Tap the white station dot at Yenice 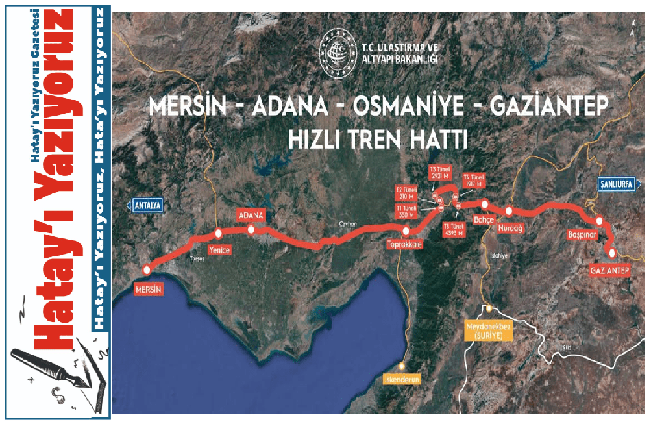[219, 234]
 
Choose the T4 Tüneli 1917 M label [473, 180]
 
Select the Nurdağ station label [510, 228]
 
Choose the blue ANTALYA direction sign [146, 205]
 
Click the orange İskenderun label [403, 379]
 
